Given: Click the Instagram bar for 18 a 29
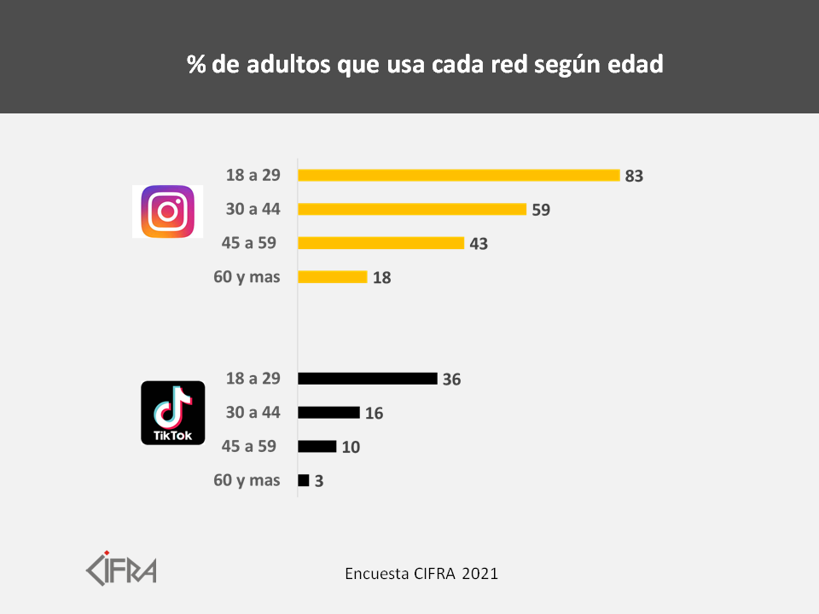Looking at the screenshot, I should pos(459,175).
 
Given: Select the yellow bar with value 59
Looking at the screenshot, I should pos(412,209).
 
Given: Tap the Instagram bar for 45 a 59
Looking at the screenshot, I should pos(381,243).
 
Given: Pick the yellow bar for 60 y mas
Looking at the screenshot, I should pos(333,277).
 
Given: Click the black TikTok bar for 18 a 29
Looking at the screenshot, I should pos(368,379).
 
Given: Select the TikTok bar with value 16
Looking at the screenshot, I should pos(329,413).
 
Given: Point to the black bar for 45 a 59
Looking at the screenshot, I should pos(317,446).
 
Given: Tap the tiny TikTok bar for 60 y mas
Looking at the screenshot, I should pos(304,480).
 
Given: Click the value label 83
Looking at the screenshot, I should pos(633,177).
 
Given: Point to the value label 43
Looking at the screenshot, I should pos(479,244).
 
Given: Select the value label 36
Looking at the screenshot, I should pos(451,379).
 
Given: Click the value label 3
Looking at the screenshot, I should pos(319,481).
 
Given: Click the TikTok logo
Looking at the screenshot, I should pos(172,413).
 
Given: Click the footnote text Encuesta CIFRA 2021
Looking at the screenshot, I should pos(421,573).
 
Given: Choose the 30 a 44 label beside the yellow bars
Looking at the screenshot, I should pos(253,209).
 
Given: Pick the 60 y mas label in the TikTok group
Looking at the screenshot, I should pos(247,480).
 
